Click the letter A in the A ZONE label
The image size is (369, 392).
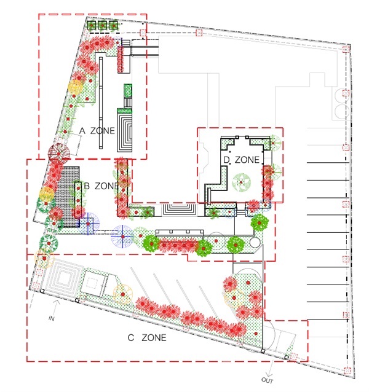coord(82,130)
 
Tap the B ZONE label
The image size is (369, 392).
coord(101,186)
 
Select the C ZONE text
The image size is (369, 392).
coord(147,337)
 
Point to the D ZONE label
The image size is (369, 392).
coord(241,160)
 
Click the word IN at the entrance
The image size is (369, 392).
coord(51,318)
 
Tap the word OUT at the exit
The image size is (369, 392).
coord(267,380)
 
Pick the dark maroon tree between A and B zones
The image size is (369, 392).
coord(59,153)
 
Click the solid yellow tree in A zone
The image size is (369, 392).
coord(75,86)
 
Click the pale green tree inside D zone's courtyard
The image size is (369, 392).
coord(242,182)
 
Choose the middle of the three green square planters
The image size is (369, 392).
coord(103,25)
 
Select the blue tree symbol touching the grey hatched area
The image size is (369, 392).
coord(88,224)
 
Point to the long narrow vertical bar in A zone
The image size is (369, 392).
coord(101,103)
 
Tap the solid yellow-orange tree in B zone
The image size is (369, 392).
coord(47,194)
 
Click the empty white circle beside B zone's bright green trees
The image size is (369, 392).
coord(255,242)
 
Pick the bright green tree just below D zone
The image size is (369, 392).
coord(260,222)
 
